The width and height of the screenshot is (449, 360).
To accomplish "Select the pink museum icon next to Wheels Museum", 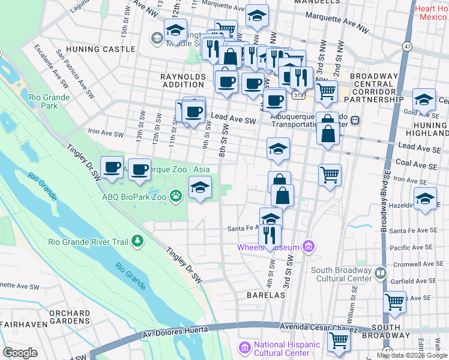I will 309,246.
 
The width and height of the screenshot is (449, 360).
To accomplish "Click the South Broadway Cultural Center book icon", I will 380,274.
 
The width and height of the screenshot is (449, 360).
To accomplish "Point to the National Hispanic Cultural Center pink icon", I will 244,347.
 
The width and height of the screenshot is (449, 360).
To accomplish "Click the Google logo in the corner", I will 20,353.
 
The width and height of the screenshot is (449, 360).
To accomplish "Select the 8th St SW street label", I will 226,141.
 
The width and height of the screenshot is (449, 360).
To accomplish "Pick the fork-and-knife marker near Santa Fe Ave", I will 271,234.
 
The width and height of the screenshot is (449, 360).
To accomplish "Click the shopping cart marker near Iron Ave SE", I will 330,175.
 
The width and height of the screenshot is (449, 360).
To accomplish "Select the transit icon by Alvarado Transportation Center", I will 355,120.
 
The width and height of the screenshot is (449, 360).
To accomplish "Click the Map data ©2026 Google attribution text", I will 412,355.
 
